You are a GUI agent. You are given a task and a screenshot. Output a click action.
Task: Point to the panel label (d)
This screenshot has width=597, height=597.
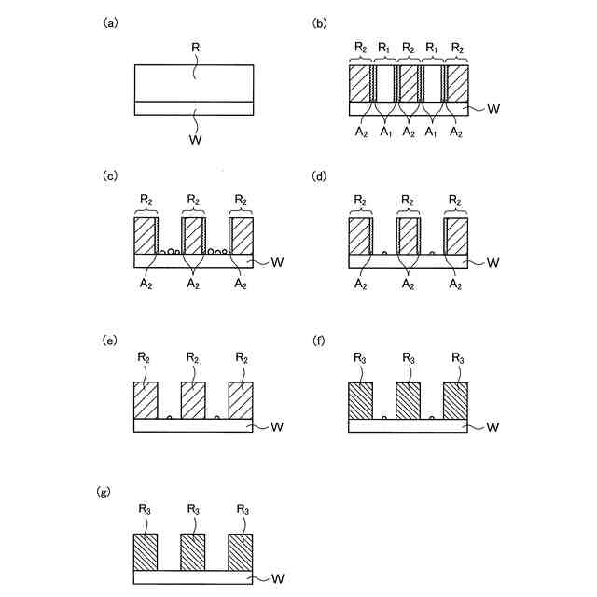(318, 175)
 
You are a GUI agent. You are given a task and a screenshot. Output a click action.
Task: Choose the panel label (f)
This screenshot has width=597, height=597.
(317, 340)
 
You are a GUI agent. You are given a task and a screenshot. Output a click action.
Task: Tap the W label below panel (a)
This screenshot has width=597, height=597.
(194, 140)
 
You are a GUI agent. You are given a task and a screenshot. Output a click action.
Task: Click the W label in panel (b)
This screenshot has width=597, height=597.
(493, 109)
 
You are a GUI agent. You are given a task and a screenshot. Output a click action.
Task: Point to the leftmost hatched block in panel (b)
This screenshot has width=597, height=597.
(359, 83)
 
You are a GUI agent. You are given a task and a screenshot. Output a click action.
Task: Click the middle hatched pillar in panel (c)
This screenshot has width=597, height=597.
(193, 236)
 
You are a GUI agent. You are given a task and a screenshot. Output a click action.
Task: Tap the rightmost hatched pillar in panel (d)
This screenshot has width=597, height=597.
(456, 236)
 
